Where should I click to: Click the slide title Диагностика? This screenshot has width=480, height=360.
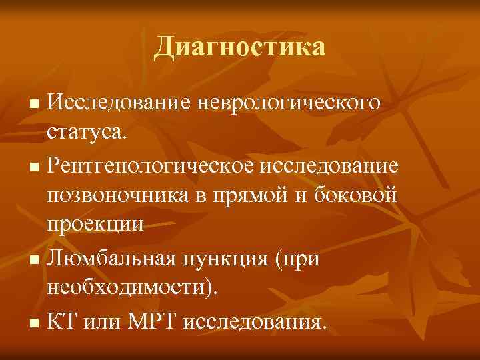coord(240,47)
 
